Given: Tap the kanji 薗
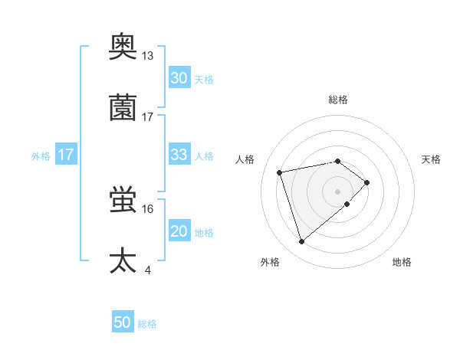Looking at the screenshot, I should coord(123,107).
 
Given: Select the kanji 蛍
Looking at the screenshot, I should coord(123,200).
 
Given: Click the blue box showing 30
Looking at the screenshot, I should coord(179,78).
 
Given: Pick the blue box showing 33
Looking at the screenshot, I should coord(179,155).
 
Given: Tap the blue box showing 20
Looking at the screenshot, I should coord(179,231).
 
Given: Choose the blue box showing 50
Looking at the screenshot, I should coord(123,323).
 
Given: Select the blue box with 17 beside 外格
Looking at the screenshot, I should coord(66,155).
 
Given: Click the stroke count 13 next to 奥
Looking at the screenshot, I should coord(148,56).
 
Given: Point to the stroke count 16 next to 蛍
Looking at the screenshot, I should coord(148,208).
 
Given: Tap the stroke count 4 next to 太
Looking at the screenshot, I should coord(147,270).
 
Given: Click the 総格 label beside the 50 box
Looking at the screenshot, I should coord(147,324).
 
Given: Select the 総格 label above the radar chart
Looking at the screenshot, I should coord(338,100).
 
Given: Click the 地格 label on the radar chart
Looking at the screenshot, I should coord(402,262).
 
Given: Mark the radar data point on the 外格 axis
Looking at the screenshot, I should coord(301,242).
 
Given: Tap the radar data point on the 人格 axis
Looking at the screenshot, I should coord(280,172).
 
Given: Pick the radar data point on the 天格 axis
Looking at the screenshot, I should coord(367,182).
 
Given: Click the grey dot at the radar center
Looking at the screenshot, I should coord(338,191).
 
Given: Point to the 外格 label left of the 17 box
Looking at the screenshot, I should coord(41,155).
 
